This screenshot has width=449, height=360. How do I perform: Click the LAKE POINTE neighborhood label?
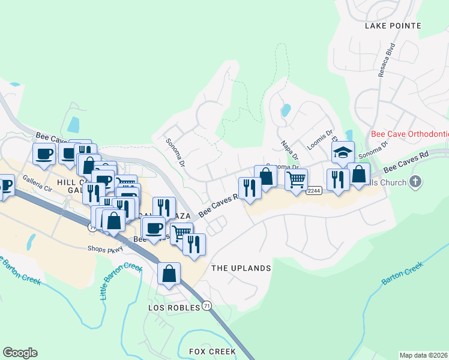tap(393, 26)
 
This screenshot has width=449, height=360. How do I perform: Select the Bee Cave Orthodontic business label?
tap(410, 134)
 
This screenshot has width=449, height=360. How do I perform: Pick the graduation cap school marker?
tap(342, 152)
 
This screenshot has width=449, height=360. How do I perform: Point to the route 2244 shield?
tap(313, 190)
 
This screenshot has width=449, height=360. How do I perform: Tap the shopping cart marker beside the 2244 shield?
tap(296, 179)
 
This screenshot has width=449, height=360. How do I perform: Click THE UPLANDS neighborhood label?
tap(241, 268)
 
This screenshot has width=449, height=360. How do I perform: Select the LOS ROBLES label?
tap(172, 307)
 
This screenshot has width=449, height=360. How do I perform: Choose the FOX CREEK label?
tap(212, 351)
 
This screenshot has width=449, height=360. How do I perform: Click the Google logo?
tap(20, 353)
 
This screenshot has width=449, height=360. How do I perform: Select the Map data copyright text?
tap(423, 355)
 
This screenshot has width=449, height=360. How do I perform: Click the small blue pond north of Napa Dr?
tap(286, 110)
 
